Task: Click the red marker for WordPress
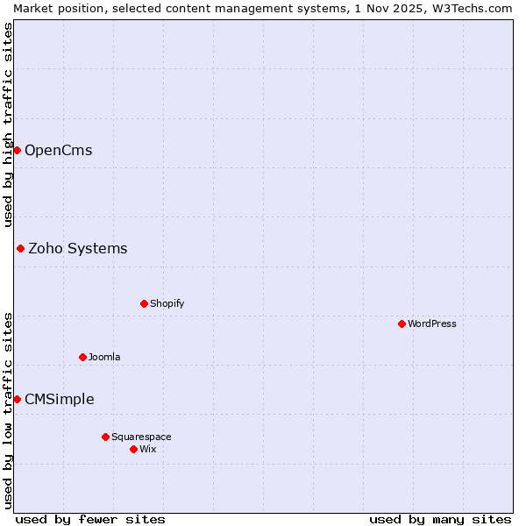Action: click(402, 323)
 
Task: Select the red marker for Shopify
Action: click(144, 303)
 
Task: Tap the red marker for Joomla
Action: click(82, 357)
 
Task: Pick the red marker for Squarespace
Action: click(105, 437)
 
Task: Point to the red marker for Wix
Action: click(133, 449)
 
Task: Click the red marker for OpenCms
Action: click(17, 150)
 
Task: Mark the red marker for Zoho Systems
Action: click(20, 248)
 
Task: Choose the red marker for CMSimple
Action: click(17, 399)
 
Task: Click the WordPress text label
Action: click(432, 323)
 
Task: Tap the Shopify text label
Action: click(167, 303)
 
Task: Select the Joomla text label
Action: click(104, 357)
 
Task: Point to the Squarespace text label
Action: click(141, 437)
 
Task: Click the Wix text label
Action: click(148, 449)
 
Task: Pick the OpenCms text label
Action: click(59, 150)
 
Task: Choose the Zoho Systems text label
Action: click(78, 248)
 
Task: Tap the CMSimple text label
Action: click(60, 399)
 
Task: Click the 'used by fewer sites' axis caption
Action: click(90, 519)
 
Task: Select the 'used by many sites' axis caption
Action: click(440, 519)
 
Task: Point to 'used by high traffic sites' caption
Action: click(8, 124)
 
